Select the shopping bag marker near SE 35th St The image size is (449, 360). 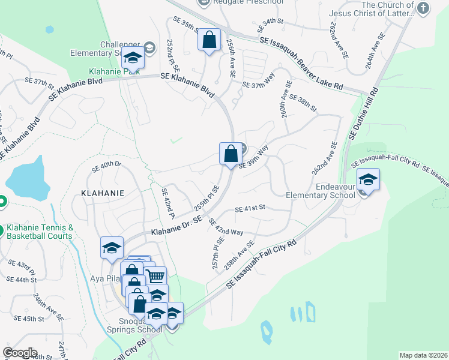click(209, 40)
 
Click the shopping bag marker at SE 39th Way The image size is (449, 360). click(231, 154)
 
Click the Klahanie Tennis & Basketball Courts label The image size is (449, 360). click(40, 232)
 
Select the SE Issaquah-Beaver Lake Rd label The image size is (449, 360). click(301, 62)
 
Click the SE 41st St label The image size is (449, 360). click(250, 209)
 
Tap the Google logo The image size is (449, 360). click(19, 353)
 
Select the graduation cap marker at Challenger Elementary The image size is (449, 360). click(133, 58)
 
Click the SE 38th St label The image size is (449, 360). click(302, 102)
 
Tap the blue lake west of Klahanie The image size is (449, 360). click(28, 178)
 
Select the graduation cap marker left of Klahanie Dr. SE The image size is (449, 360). click(112, 248)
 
